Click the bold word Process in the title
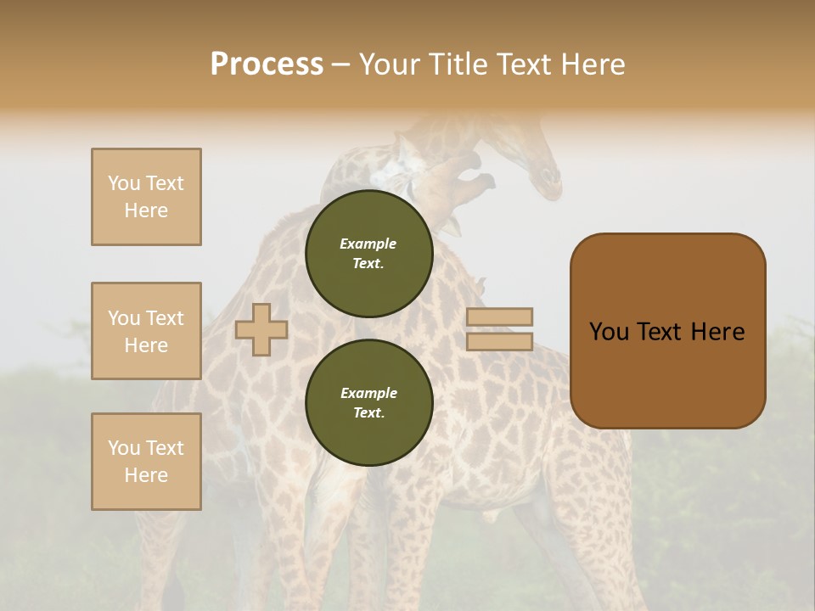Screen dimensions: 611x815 pos(267,64)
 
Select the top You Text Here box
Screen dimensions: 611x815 pos(146,197)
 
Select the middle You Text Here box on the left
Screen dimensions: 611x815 pos(146,331)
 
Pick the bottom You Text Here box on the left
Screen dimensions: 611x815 pos(146,462)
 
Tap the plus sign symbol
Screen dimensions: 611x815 pos(261,329)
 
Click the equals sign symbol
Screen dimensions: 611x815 pos(499,329)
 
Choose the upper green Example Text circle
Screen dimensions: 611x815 pos(368,254)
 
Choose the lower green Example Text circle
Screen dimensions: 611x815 pos(368,402)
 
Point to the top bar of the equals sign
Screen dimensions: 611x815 pos(499,317)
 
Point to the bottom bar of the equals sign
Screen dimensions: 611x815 pos(499,342)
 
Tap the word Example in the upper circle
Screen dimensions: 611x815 pos(368,244)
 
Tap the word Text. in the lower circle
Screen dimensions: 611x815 pos(368,413)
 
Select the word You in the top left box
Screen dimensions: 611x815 pos(123,183)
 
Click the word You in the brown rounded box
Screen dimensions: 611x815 pos(609,332)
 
